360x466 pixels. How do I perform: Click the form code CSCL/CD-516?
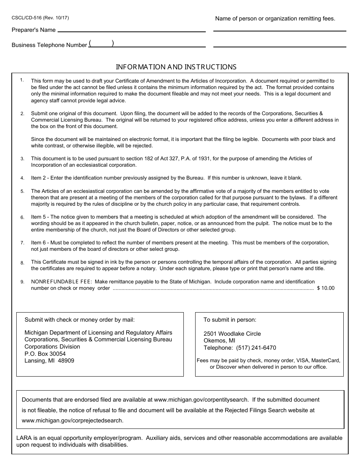click(27, 17)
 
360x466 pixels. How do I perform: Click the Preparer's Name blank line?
click(131, 30)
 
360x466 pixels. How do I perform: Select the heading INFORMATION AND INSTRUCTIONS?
click(176, 67)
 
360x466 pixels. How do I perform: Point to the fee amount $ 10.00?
click(326, 288)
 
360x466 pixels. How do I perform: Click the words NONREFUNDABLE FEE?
click(61, 281)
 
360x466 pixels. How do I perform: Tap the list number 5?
click(22, 192)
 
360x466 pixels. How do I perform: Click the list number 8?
click(22, 263)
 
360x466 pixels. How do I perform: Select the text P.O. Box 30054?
click(45, 354)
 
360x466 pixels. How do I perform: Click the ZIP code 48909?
click(66, 361)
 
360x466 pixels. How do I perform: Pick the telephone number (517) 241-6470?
click(256, 348)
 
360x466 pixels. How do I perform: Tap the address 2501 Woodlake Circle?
click(232, 334)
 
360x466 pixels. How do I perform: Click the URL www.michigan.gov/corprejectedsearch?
click(72, 420)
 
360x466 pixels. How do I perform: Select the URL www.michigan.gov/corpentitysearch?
click(201, 400)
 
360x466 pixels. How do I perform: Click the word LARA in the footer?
click(24, 438)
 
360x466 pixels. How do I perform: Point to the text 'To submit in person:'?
click(230, 320)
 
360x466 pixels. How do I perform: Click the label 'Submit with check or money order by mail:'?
click(80, 320)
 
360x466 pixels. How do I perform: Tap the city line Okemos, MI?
click(219, 341)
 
